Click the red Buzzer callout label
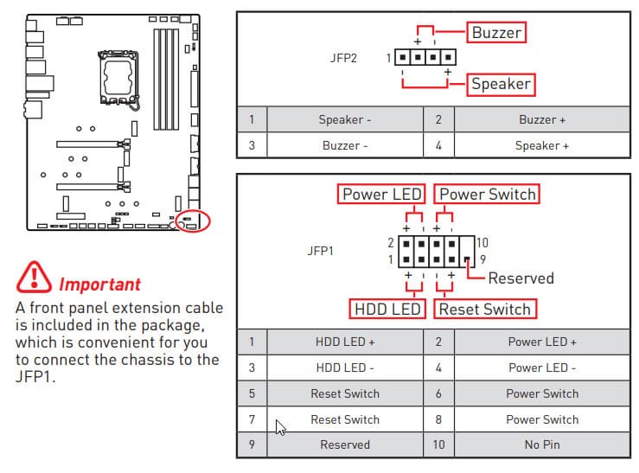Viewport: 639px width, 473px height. pos(497,33)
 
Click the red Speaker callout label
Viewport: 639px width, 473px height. pos(501,85)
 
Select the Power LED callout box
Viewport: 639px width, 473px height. pos(382,194)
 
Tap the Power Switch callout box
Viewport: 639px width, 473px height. pos(488,194)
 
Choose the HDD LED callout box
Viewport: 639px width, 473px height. pos(388,309)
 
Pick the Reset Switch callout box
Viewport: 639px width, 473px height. pos(484,309)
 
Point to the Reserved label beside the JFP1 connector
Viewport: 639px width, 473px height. pos(521,278)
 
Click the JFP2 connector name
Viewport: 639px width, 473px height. pos(344,59)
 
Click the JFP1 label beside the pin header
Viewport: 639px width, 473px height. pos(320,252)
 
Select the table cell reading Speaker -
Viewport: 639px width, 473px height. pos(345,120)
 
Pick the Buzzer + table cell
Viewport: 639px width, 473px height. pos(542,120)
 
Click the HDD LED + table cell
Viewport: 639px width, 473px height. pos(345,342)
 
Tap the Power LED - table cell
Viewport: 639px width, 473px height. pos(542,368)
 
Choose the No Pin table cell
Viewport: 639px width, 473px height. pos(542,445)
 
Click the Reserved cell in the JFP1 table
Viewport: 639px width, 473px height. pos(345,445)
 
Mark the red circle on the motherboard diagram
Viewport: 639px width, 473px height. pos(192,221)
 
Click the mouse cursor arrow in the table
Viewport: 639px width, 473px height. pos(278,425)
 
